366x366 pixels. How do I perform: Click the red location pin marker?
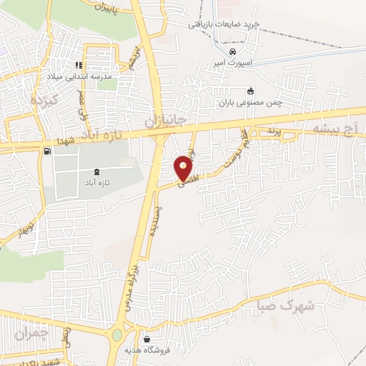[x=184, y=167]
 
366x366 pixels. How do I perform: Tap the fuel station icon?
[x=47, y=151]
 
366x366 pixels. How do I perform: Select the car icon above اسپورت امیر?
[x=232, y=51]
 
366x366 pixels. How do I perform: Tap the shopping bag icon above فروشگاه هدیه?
[x=147, y=339]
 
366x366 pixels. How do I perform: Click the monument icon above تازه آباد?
[x=97, y=172]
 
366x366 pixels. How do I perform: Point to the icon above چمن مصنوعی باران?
[x=249, y=91]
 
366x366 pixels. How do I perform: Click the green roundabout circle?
[x=117, y=335]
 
